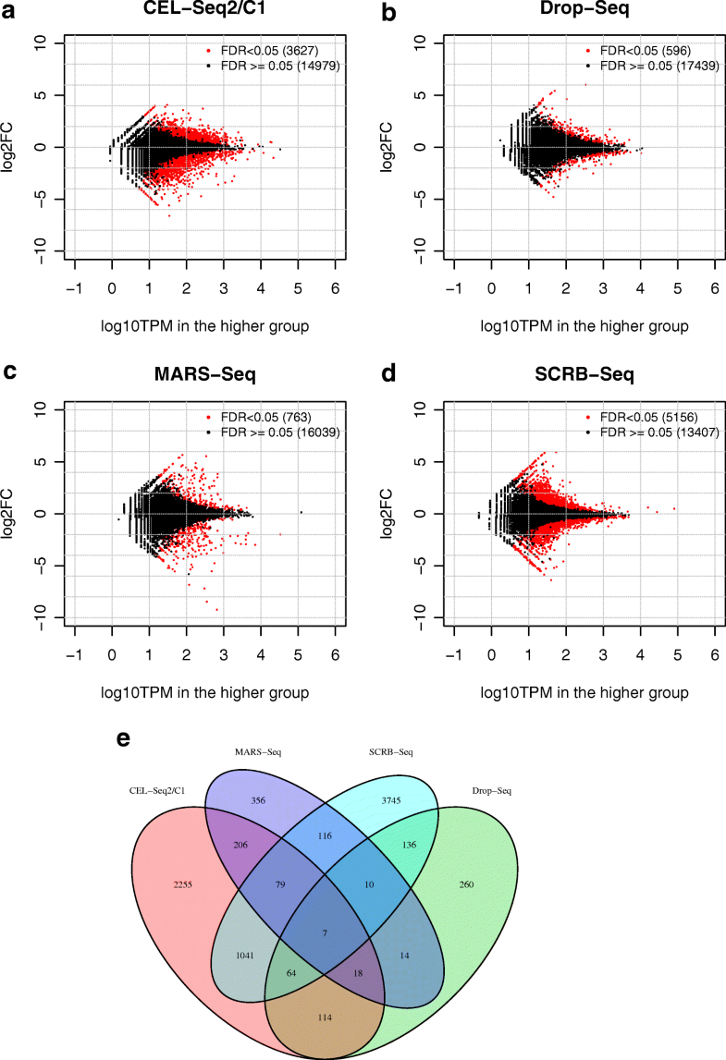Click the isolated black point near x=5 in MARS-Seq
[301, 512]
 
